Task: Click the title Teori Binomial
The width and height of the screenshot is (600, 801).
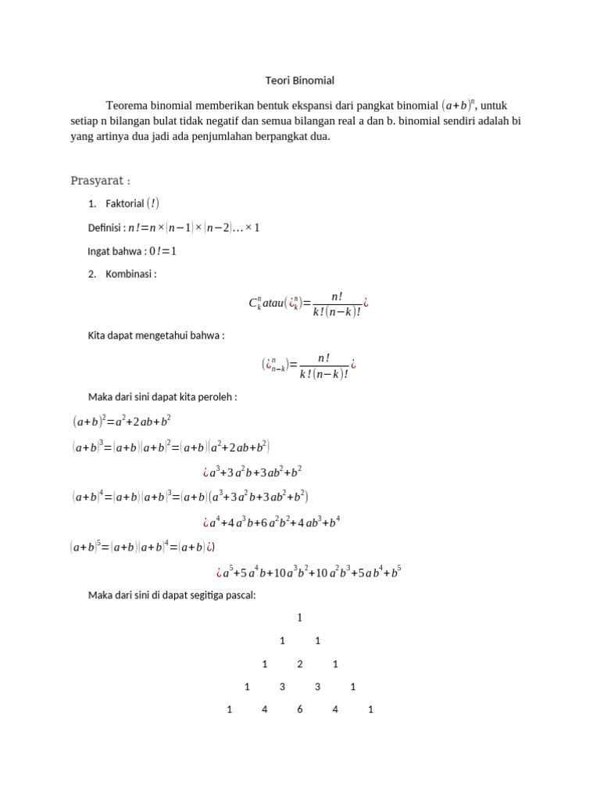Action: click(x=300, y=81)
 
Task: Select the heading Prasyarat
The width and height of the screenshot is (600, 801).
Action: click(x=99, y=181)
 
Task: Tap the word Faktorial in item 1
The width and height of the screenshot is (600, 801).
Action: click(x=125, y=204)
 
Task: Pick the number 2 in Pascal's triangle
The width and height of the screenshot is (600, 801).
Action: click(x=300, y=664)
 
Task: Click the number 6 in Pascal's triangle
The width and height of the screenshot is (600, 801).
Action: click(x=300, y=709)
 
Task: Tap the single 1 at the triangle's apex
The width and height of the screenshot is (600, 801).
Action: click(x=300, y=618)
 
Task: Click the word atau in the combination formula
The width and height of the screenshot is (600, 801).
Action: click(x=275, y=303)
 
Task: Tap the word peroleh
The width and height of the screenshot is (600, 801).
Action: click(x=220, y=397)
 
